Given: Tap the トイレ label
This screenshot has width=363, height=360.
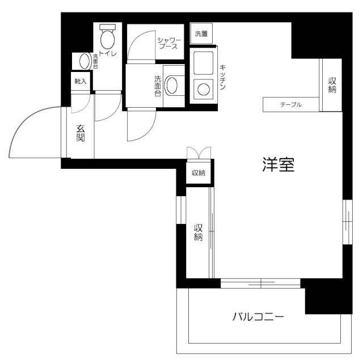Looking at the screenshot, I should [108, 54].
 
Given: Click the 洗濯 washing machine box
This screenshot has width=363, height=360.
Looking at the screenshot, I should [201, 33].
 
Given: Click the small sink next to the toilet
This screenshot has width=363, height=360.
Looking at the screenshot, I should [84, 61].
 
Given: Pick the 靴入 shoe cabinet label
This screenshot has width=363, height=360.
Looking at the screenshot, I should [81, 82].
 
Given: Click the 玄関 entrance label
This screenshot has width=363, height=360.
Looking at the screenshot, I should [81, 134].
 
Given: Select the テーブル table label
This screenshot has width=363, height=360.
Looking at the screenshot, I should [290, 105].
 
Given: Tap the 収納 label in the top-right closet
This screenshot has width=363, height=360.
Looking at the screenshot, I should [332, 84].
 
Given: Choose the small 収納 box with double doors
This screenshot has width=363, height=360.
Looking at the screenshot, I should [198, 173].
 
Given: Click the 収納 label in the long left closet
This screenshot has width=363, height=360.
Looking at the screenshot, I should [199, 232].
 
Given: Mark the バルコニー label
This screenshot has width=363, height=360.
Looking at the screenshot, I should [258, 316].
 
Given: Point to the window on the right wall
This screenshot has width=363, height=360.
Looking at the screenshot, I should [346, 221].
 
